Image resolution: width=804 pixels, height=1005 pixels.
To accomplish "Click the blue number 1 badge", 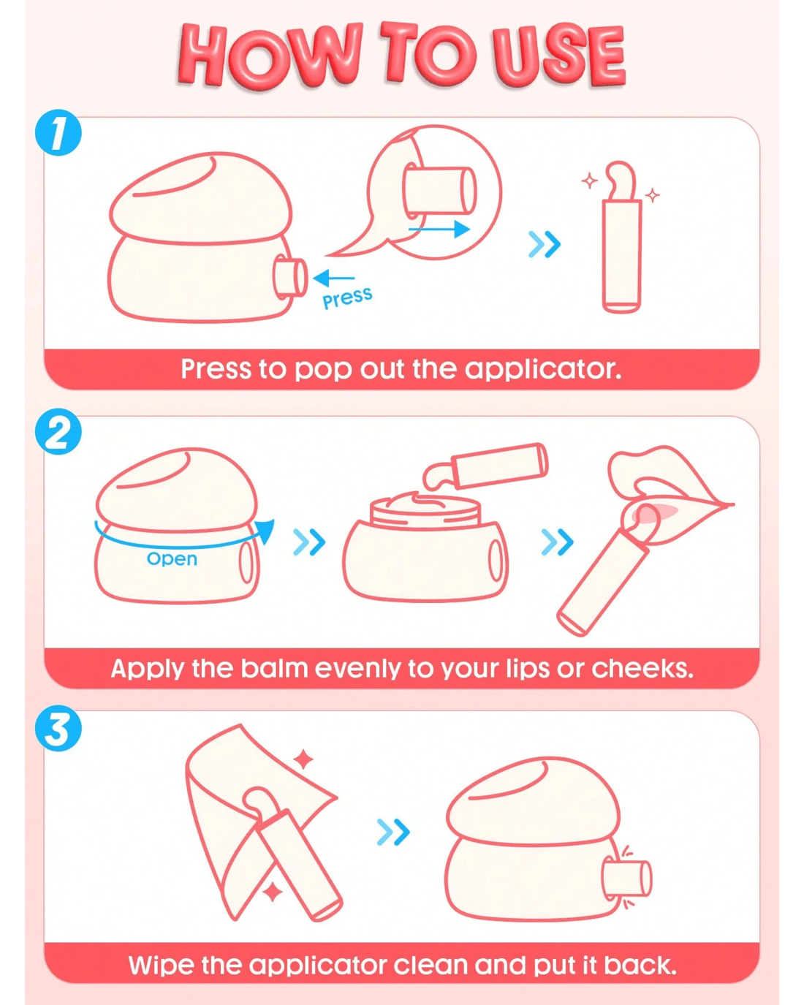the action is tap(58, 132).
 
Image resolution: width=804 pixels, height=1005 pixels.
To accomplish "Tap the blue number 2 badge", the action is tap(58, 431).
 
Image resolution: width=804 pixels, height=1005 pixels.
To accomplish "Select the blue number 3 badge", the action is tap(58, 728).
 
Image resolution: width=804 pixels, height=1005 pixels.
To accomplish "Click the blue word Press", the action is tap(347, 298).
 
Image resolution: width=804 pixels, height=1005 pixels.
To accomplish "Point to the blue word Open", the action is tap(172, 558).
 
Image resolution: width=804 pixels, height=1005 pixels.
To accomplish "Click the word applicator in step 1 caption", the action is tap(542, 369).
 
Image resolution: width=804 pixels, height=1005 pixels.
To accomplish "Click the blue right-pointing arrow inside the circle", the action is tap(439, 230).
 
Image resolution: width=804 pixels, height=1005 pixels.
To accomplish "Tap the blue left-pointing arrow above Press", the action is tap(333, 278).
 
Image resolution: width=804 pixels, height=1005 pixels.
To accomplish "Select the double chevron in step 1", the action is tap(545, 244).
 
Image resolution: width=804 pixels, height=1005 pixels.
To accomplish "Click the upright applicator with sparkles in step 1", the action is tap(621, 238).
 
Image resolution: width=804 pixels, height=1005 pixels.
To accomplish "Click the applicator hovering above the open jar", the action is tap(486, 467).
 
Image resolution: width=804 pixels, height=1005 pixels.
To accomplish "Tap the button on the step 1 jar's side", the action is tap(289, 278).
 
